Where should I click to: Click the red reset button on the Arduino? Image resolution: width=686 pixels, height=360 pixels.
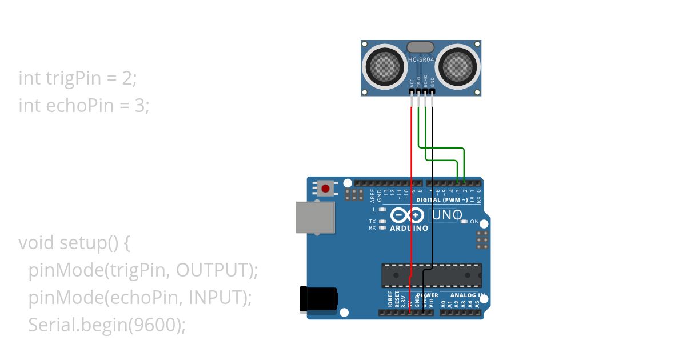(326, 188)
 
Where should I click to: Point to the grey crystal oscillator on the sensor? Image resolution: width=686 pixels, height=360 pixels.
(422, 47)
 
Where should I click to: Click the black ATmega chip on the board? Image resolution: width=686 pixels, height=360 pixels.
(432, 275)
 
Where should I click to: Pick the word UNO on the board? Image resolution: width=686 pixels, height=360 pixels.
(446, 215)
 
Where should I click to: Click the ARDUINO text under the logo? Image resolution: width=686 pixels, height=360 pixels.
(409, 228)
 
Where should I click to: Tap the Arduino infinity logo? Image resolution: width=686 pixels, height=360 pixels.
(409, 215)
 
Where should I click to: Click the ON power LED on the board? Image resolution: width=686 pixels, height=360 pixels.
(464, 221)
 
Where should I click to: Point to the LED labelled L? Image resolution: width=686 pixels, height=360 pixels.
(382, 210)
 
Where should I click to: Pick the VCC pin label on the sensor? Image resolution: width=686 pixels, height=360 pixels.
(412, 82)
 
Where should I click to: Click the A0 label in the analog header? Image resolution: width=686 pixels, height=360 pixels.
(444, 304)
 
